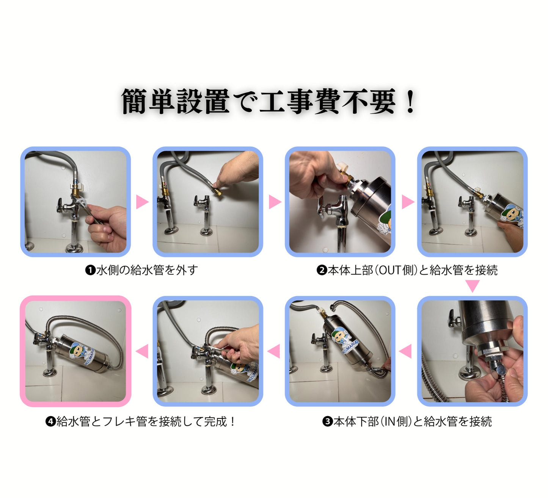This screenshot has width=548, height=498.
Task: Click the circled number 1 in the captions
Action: click(x=90, y=271)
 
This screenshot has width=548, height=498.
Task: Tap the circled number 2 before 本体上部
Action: click(x=322, y=271)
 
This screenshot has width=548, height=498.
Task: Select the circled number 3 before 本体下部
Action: click(x=328, y=421)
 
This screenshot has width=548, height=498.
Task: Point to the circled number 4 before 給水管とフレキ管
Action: click(x=51, y=421)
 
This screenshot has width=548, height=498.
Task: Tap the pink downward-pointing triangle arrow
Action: click(x=472, y=286)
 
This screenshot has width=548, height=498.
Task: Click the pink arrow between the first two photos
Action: click(x=142, y=202)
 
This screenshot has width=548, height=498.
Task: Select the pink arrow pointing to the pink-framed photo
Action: click(x=142, y=351)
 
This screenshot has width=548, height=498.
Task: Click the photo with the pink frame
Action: click(x=76, y=351)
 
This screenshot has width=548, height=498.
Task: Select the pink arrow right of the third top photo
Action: click(x=408, y=202)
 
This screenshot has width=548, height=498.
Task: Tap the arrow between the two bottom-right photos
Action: click(x=405, y=351)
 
